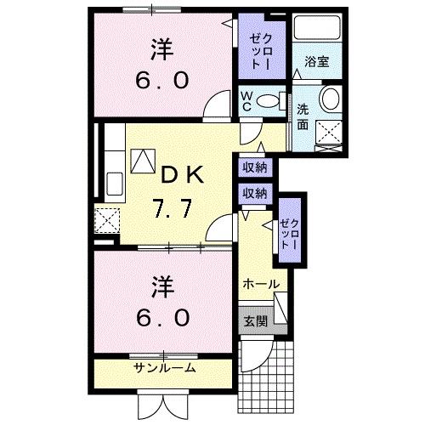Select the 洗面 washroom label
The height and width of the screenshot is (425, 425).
(303, 116)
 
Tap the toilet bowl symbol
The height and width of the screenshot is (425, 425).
(270, 99)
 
